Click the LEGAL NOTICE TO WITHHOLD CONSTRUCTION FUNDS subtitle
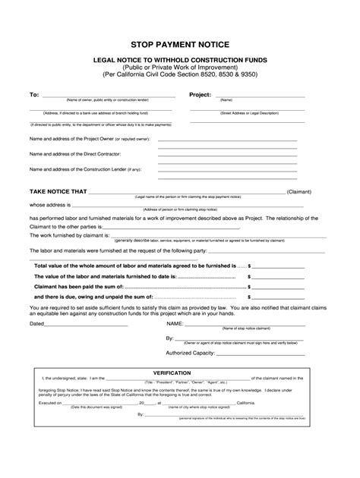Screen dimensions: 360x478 click(179, 59)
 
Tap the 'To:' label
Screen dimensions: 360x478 click(33, 95)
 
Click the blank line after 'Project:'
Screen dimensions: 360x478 click(269, 96)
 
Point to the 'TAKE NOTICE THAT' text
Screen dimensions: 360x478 click(58, 192)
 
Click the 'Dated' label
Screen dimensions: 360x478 click(37, 323)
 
